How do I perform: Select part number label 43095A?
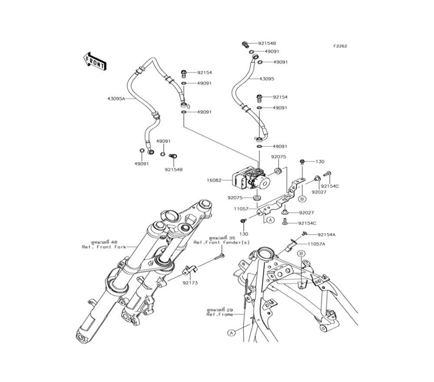[116, 99]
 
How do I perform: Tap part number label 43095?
[279, 79]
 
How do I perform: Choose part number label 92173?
[190, 283]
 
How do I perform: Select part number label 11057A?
[316, 244]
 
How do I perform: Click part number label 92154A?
[326, 234]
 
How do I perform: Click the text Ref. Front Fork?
[104, 247]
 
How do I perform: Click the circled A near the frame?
[231, 333]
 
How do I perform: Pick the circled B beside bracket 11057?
[302, 198]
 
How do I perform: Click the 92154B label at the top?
[267, 43]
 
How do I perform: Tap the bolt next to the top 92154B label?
[245, 44]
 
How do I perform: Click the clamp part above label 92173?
[190, 270]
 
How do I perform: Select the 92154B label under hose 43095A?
[174, 170]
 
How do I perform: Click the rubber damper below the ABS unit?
[258, 198]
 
